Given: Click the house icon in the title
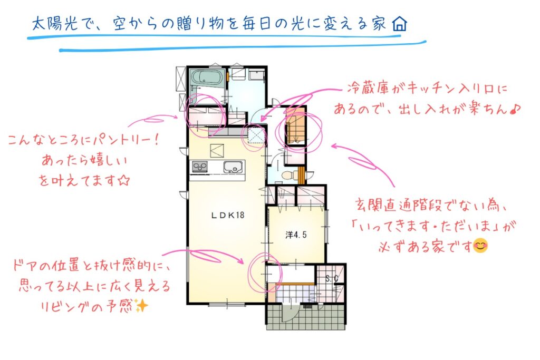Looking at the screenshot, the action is pyautogui.click(x=400, y=24).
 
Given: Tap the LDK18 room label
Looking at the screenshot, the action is pyautogui.click(x=228, y=216).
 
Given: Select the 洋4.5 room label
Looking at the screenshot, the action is pyautogui.click(x=296, y=235).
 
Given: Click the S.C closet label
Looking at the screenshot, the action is pyautogui.click(x=332, y=278).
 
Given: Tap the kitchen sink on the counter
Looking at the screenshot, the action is pyautogui.click(x=234, y=167).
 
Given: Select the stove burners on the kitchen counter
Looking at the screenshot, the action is pyautogui.click(x=199, y=167).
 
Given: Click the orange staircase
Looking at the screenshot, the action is pyautogui.click(x=295, y=128).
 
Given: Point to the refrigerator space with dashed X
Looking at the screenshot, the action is pyautogui.click(x=256, y=135).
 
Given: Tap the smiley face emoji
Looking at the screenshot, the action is pyautogui.click(x=480, y=246).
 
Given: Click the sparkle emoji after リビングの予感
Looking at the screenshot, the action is pyautogui.click(x=141, y=305).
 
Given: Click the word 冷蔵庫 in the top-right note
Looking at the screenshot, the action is pyautogui.click(x=368, y=89).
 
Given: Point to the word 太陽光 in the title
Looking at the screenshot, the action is pyautogui.click(x=54, y=24).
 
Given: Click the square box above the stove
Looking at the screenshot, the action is pyautogui.click(x=217, y=150).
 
